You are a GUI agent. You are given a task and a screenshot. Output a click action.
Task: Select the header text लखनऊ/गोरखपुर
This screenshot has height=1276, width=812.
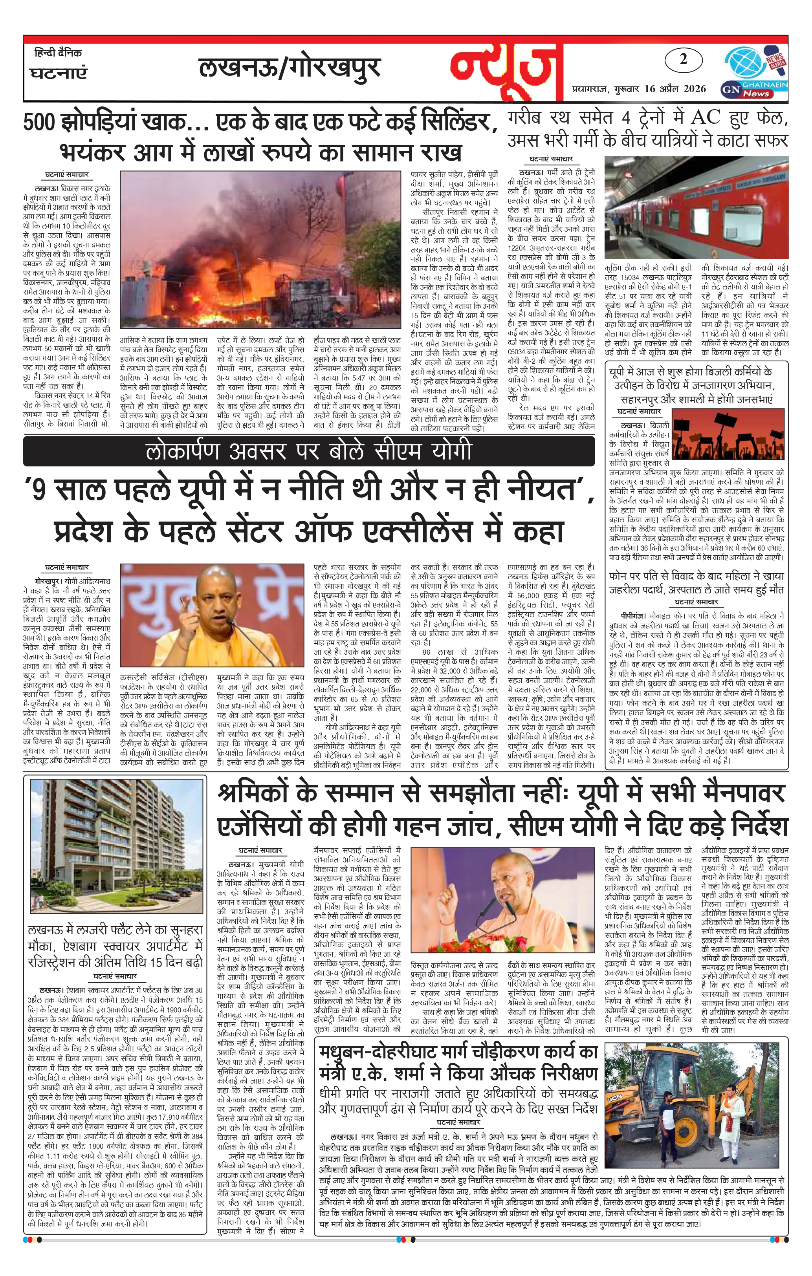click(x=290, y=68)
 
